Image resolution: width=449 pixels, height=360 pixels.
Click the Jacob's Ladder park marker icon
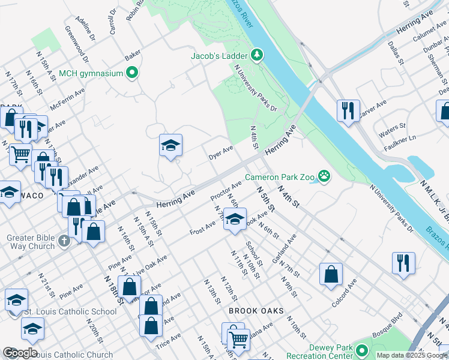point(257,55)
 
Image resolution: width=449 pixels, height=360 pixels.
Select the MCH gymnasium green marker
point(133,73)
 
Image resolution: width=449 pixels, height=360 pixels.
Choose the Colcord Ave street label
point(348,292)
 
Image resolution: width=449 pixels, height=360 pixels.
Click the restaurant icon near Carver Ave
point(348,110)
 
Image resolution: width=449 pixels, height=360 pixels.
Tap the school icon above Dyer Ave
point(170,145)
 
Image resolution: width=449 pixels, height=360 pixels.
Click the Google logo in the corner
point(20,353)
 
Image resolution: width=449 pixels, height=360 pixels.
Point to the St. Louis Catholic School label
point(70,311)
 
